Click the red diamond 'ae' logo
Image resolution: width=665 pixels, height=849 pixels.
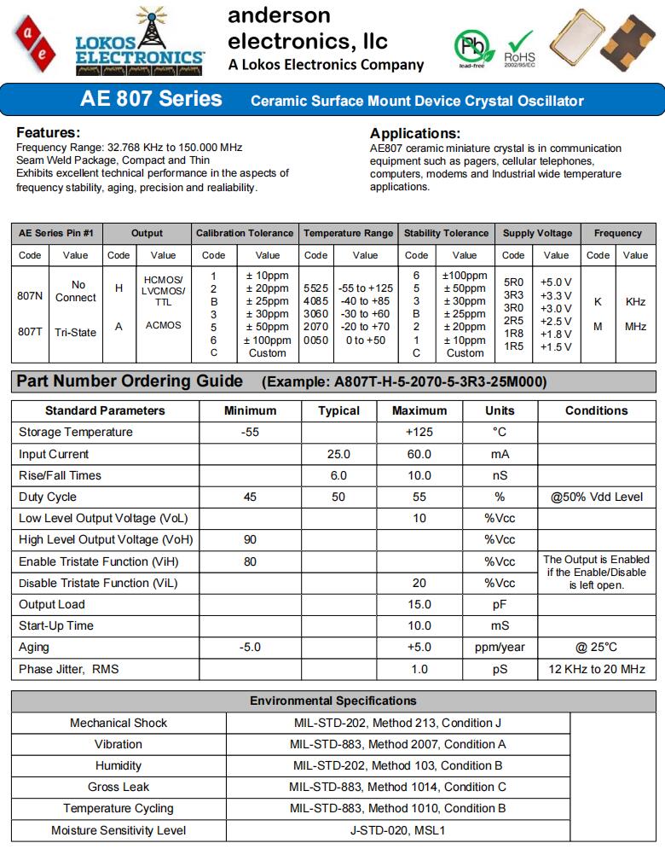(35, 40)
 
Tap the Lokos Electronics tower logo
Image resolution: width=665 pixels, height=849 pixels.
(140, 38)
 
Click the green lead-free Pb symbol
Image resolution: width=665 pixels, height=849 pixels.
(471, 46)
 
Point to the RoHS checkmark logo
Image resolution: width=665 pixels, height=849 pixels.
(519, 47)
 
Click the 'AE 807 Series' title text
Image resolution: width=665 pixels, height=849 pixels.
(151, 100)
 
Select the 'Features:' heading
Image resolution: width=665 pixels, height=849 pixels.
(49, 133)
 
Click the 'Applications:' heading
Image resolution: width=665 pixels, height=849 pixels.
(415, 133)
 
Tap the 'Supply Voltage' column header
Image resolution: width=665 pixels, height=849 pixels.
(538, 233)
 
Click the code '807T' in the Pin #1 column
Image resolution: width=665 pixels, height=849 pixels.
(30, 332)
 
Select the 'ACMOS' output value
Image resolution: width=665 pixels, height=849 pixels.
(163, 325)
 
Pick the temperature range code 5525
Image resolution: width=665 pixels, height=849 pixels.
(315, 289)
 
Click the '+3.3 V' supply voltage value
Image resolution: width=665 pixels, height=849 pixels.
(556, 295)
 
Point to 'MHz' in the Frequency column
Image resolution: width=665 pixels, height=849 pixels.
(635, 326)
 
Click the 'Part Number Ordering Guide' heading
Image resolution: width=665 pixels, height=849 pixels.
(130, 381)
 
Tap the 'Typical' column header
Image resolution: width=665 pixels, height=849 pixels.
(338, 410)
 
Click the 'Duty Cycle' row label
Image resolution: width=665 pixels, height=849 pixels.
(48, 497)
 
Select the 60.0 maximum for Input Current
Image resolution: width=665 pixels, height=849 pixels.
(419, 454)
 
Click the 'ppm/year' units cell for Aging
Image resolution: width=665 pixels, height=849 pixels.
(500, 648)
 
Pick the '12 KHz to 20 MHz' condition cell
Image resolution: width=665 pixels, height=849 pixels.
(597, 669)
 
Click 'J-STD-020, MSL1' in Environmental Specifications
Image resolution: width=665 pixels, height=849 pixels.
(397, 830)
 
